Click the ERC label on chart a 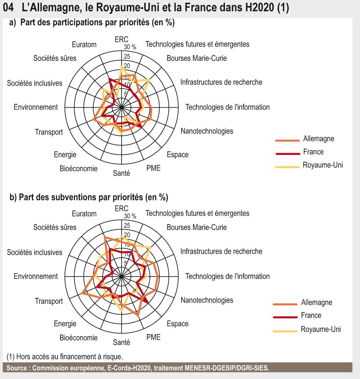coord(121,39)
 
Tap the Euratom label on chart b coord(84,214)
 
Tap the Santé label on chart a coord(122,173)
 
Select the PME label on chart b coord(154,337)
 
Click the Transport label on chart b coord(49,301)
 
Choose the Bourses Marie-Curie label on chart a coord(196,58)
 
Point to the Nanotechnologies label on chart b coord(207,300)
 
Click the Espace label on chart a coord(178,155)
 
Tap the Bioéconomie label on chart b coord(79,337)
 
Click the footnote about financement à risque coord(65,356)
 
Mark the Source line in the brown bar coord(138,368)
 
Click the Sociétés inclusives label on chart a coord(35,83)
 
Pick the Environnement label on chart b coord(36,276)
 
